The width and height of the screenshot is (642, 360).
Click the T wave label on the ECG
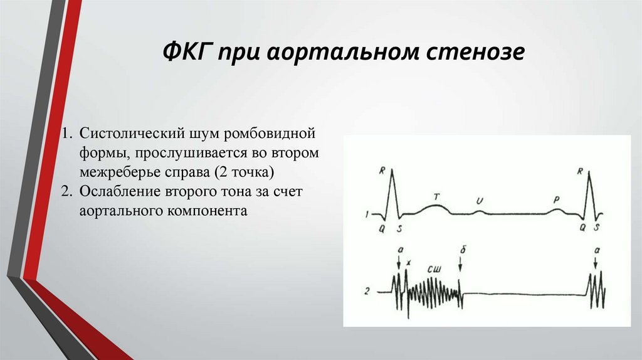pyautogui.click(x=436, y=197)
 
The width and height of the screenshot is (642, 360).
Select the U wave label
pyautogui.click(x=480, y=200)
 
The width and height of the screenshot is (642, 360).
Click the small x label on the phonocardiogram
pyautogui.click(x=408, y=262)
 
